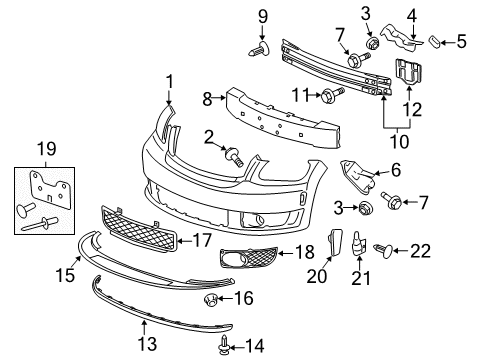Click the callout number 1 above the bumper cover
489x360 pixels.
tap(169, 82)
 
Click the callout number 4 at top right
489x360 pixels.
tap(411, 15)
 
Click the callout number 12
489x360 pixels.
tap(412, 107)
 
